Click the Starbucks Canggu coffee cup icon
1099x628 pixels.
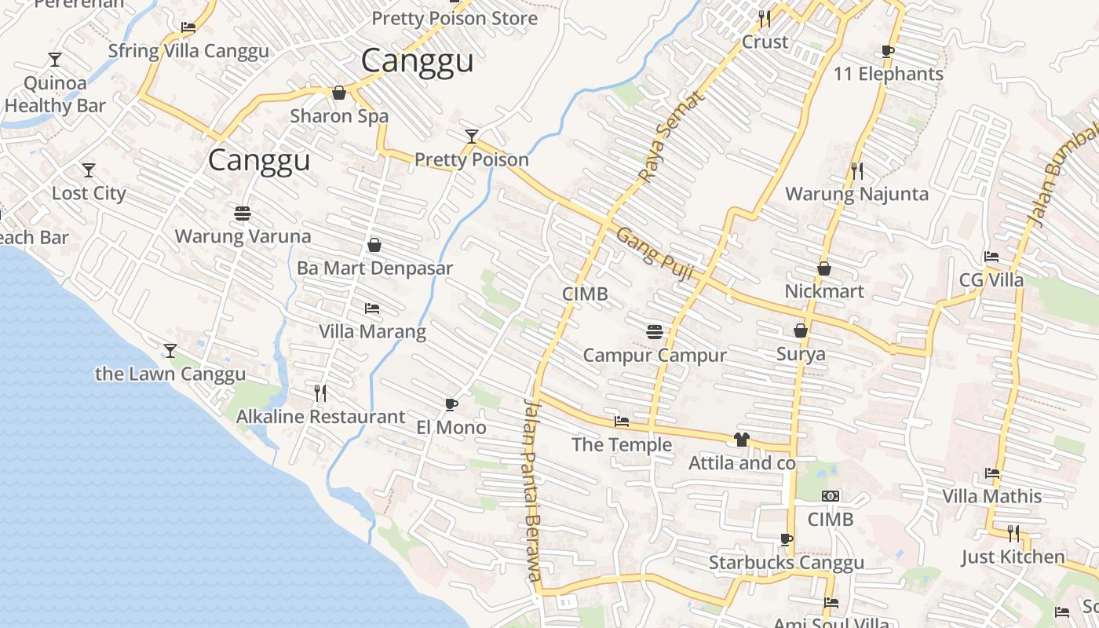(x=786, y=539)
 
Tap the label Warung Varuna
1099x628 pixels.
(x=243, y=236)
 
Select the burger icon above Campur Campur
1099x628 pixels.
(x=655, y=331)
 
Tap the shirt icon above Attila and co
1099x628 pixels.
(x=742, y=439)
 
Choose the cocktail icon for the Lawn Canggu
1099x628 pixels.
(x=170, y=350)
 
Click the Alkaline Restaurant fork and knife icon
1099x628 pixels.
(x=320, y=392)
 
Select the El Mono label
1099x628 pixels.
(x=451, y=428)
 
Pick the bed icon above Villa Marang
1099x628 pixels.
(x=372, y=308)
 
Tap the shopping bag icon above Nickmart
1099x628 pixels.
(x=824, y=268)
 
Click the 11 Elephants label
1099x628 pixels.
(x=888, y=75)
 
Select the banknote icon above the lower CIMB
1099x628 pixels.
(x=831, y=496)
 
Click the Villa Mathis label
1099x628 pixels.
(x=992, y=496)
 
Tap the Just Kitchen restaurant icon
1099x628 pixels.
(x=1013, y=534)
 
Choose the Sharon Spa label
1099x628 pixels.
(x=339, y=116)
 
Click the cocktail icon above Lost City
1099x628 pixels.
(x=89, y=170)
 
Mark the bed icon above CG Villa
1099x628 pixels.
(x=991, y=257)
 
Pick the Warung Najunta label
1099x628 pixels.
(x=856, y=194)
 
